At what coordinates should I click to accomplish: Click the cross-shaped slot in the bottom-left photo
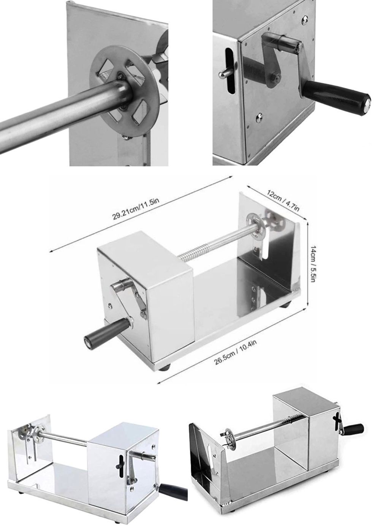coord(122,461)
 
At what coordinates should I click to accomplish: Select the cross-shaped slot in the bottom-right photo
coord(337,422)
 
